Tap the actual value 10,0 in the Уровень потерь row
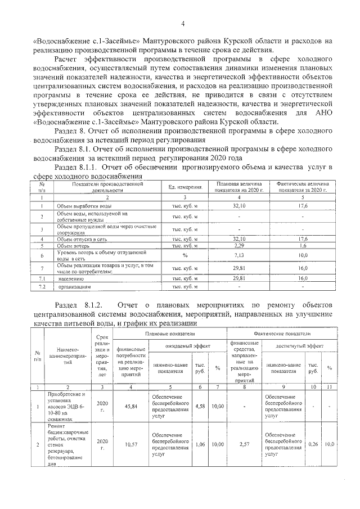pyautogui.click(x=303, y=255)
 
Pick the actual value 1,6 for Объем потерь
pyautogui.click(x=303, y=246)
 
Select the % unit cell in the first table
pyautogui.click(x=184, y=255)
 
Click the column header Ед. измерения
pyautogui.click(x=185, y=187)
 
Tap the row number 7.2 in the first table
pyautogui.click(x=41, y=287)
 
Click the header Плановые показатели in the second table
pyautogui.click(x=169, y=334)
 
